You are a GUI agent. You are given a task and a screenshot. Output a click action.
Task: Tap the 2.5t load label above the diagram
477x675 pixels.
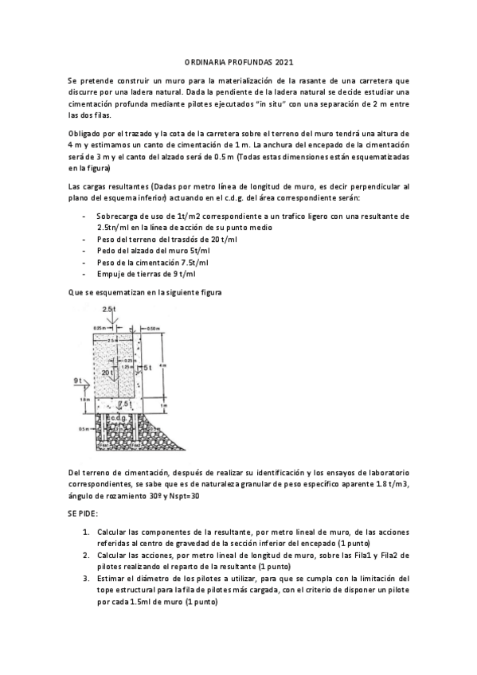pos(109,308)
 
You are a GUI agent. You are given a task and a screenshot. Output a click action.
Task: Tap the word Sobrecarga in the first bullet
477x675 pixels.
pos(116,216)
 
